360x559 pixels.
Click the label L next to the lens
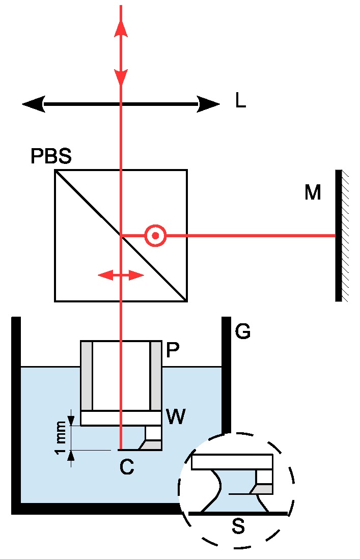coord(240,101)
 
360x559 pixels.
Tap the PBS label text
coord(51,156)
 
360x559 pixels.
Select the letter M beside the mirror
coord(313,192)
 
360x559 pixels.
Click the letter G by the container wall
coord(243,332)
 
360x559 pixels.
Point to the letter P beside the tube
coord(173,350)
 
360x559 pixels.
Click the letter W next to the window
coord(175,417)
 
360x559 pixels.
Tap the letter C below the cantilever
coord(127,467)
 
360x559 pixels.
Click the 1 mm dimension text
coord(61,437)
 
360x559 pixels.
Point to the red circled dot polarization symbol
coord(155,236)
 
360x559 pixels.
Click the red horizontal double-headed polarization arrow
coord(121,275)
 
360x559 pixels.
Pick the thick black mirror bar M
coord(338,235)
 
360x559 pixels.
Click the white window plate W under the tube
coord(121,418)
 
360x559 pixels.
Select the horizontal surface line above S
coord(237,514)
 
